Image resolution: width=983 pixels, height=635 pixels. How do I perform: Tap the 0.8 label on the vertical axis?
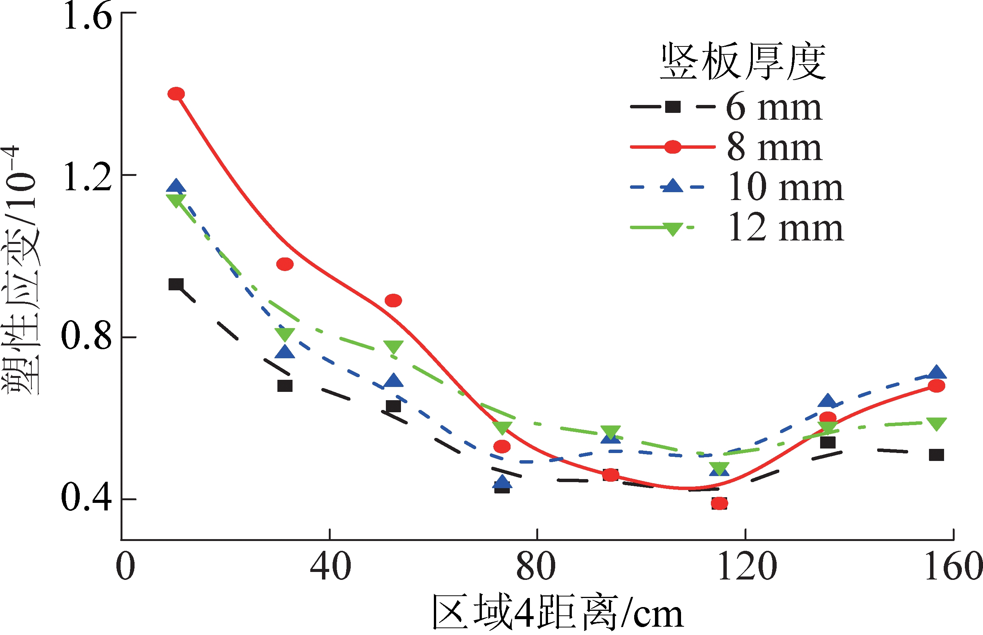[87, 337]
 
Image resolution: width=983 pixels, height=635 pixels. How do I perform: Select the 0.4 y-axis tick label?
[87, 498]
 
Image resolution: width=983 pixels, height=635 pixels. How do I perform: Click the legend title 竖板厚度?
[743, 62]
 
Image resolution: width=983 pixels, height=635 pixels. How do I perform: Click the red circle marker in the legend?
[672, 147]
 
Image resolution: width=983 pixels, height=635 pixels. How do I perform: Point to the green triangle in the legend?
[672, 228]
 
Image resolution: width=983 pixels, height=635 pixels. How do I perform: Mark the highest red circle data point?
[176, 94]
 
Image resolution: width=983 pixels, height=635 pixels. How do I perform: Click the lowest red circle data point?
[719, 503]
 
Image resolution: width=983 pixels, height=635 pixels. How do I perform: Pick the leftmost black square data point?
[176, 285]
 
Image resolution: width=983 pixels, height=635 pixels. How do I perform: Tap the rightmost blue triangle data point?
[937, 372]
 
